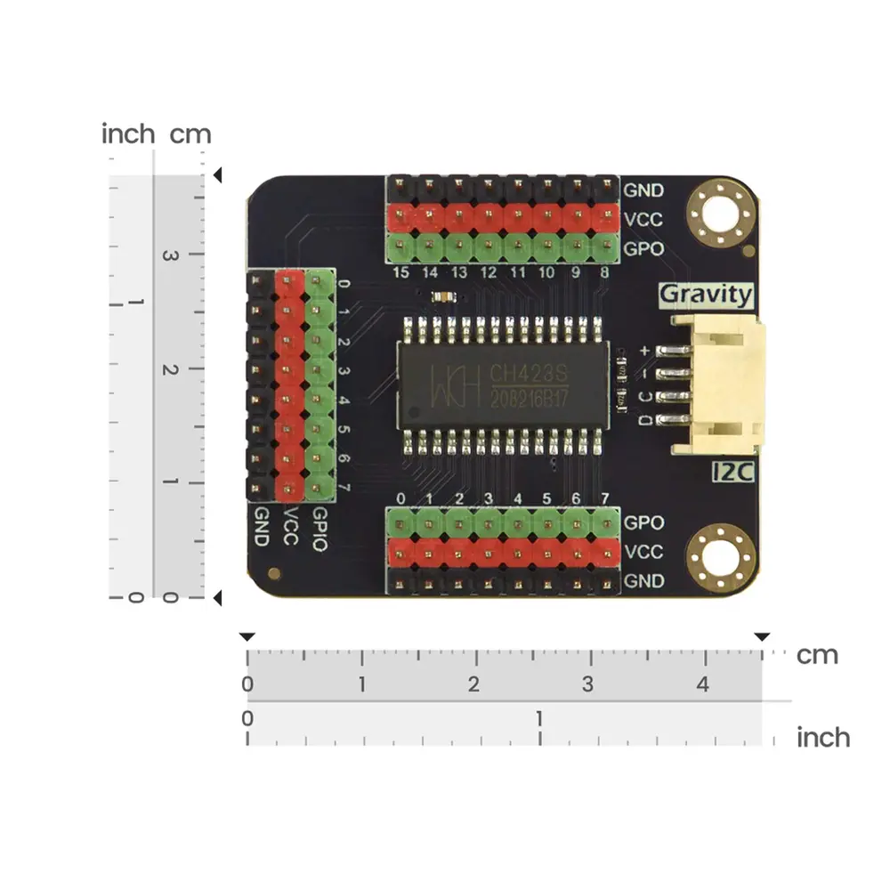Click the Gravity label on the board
click(x=706, y=295)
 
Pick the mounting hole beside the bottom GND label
click(x=721, y=557)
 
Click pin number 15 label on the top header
click(x=400, y=272)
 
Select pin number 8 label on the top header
click(x=604, y=272)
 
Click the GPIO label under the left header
click(x=320, y=529)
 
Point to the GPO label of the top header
click(x=643, y=248)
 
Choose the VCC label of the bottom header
click(x=643, y=552)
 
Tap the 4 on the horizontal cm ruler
click(x=703, y=684)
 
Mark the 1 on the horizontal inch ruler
click(x=539, y=718)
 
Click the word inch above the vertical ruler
click(x=128, y=134)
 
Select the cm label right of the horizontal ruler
click(x=817, y=655)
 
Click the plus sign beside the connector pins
click(x=644, y=351)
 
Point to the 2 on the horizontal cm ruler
click(x=473, y=684)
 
